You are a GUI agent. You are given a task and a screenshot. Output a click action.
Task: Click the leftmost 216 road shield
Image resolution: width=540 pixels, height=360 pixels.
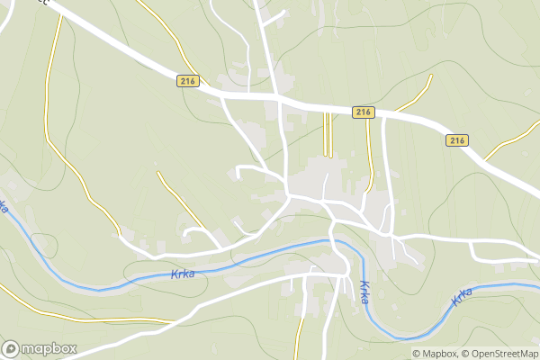coord(187,80)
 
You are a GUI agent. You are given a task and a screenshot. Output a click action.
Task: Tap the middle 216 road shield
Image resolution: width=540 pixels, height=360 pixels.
coord(363,112)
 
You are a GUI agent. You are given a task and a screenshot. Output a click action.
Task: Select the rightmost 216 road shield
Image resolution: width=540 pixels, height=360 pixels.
coord(457,140)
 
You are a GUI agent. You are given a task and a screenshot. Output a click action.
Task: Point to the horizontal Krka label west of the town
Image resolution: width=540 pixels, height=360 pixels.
coord(182,274)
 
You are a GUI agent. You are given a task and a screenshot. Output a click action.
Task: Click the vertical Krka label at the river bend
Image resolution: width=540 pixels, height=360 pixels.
coord(364,292)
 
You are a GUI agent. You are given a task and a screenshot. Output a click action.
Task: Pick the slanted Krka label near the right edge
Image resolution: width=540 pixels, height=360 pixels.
coord(463,296)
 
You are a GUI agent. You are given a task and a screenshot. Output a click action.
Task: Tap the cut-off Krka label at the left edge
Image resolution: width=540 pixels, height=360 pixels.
coord(4,207)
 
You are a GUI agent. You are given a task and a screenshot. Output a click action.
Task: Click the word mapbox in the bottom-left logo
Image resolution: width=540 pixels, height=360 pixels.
coord(49,349)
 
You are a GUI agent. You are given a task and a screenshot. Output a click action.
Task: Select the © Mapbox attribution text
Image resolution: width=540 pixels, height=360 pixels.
coord(435,354)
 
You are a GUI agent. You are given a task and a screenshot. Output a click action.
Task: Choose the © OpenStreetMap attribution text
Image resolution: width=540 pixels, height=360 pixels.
coord(499,354)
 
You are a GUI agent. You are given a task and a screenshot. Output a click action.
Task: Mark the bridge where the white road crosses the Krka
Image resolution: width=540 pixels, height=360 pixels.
coord(332,241)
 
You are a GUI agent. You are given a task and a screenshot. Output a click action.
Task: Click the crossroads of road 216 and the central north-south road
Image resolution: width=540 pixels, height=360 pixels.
coord(278,95)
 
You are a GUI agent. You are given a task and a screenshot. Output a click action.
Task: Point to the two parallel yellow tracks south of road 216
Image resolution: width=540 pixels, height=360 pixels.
coord(328,135)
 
